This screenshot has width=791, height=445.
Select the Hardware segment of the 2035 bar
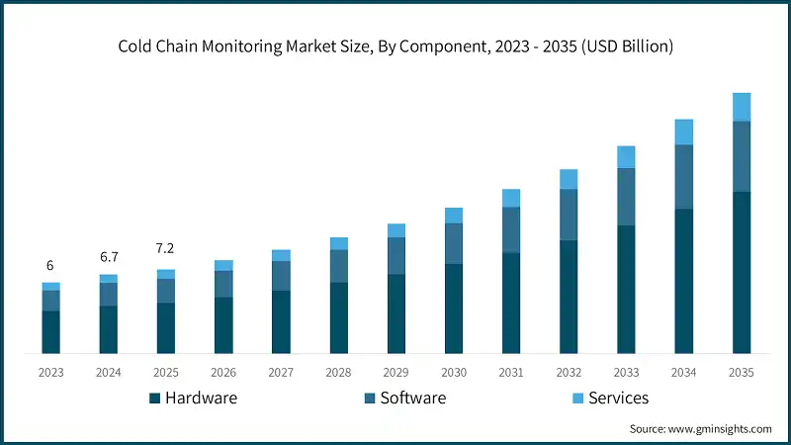pos(742,272)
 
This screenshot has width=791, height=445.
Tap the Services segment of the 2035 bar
pos(742,107)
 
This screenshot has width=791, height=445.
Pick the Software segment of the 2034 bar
pos(684,177)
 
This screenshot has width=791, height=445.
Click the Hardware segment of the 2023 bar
pos(50,332)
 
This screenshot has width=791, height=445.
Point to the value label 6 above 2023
pos(50,266)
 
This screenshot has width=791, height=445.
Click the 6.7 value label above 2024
pos(108,257)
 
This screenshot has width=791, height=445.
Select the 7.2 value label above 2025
pos(165,249)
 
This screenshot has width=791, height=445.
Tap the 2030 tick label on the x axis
pos(454,373)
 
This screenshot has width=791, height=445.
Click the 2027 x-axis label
pos(281,373)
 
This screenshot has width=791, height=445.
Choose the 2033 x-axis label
pos(626,373)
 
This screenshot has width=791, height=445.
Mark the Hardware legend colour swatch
pos(155,399)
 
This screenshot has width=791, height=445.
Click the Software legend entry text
pos(413,399)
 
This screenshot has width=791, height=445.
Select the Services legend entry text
pos(618,399)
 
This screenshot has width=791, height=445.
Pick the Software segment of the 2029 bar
pos(396,256)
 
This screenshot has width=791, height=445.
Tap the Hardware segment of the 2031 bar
pos(511,304)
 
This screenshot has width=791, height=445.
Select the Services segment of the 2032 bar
pos(569,179)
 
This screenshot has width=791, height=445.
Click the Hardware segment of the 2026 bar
pos(223,325)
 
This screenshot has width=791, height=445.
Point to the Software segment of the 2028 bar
pos(338,266)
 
